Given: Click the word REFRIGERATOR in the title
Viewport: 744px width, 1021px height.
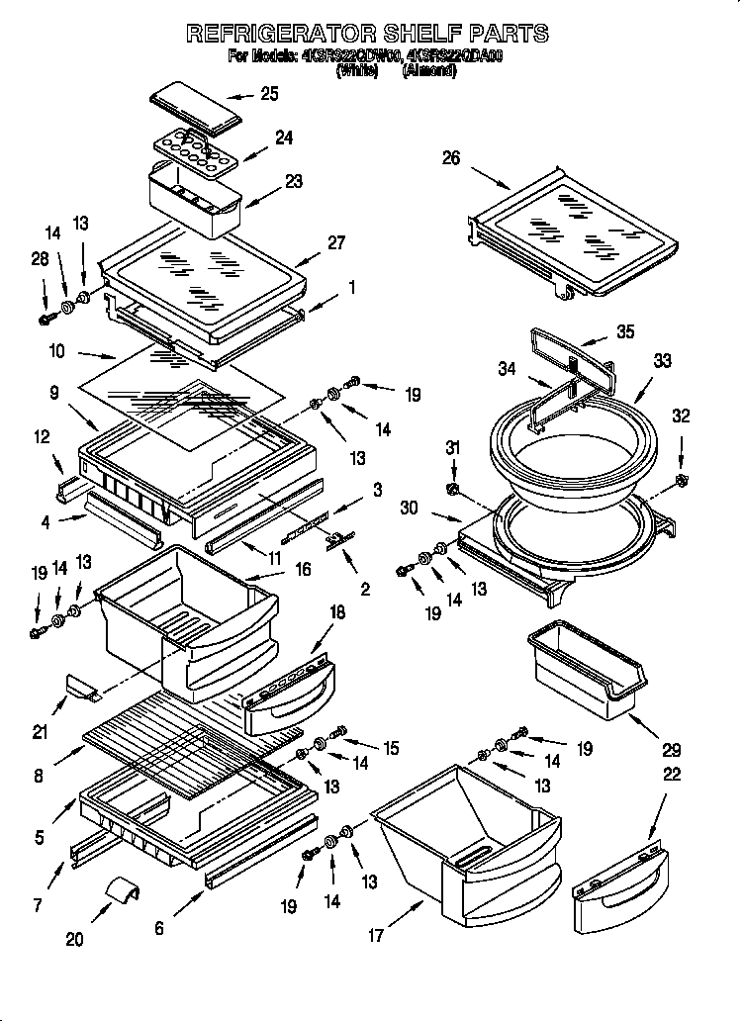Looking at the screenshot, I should [x=280, y=34].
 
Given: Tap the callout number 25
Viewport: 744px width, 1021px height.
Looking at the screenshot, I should [x=268, y=94].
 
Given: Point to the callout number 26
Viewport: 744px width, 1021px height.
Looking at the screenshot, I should [x=451, y=158].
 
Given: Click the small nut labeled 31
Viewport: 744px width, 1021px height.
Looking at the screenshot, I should [x=453, y=490].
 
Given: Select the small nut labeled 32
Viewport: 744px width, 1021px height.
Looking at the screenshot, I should [x=681, y=481].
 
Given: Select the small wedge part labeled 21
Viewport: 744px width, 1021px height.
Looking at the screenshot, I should [x=81, y=685].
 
